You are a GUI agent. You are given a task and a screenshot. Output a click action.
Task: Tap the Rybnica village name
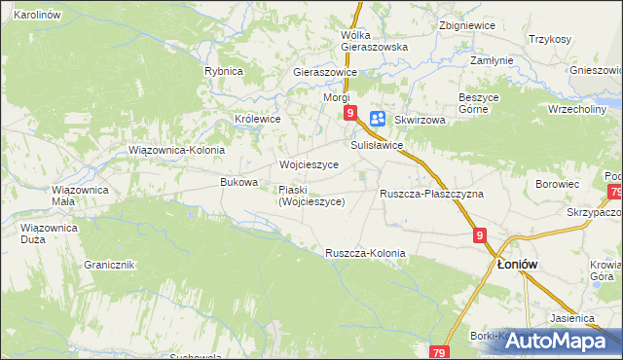pos(223,71)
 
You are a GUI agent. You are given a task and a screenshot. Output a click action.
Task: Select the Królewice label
pos(257,119)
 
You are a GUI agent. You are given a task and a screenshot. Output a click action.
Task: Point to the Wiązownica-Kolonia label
pos(176,151)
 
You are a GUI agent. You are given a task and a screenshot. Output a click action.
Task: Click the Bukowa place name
pos(239,182)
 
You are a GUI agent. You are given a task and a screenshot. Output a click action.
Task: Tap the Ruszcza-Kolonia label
pos(365,253)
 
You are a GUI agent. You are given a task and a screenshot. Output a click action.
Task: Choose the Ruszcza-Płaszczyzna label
pos(431,194)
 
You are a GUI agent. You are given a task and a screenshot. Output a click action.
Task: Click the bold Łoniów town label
pos(518,264)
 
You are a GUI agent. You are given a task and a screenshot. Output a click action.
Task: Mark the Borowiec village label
pos(558,183)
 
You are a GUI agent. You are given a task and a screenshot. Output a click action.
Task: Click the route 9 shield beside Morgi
pos(350,114)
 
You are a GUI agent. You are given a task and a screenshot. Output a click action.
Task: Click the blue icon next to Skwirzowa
pos(378,119)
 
